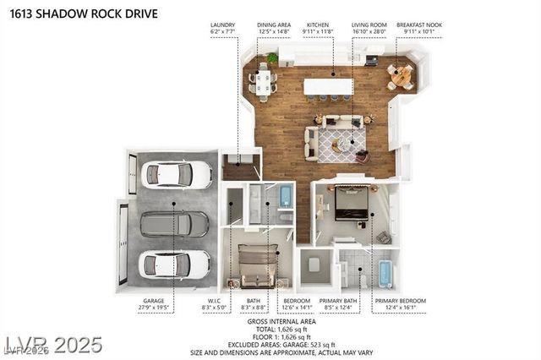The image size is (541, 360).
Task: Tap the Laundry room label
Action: click(223, 25)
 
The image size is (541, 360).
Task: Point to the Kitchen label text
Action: click(319, 25)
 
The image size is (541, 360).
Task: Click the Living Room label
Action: click(369, 25)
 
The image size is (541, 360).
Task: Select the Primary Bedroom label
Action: click(400, 300)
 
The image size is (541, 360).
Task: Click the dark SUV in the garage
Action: click(174, 224)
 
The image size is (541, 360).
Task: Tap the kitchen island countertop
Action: click(329, 86)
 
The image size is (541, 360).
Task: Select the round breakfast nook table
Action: click(402, 76)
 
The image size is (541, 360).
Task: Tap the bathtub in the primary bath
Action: click(385, 274)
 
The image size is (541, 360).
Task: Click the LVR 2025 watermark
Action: click(52, 345)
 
